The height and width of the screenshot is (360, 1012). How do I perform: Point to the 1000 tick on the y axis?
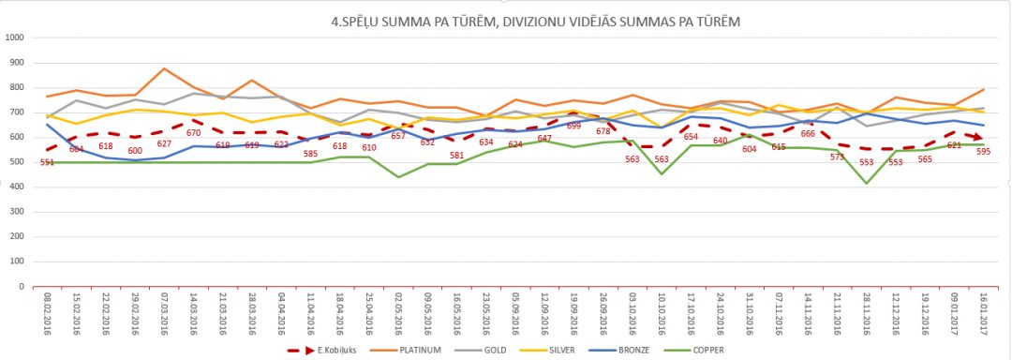click(15, 38)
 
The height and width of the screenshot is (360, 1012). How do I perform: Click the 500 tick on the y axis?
click(18, 163)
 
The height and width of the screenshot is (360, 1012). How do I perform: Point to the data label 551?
click(47, 162)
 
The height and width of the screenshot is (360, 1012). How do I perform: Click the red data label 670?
click(194, 132)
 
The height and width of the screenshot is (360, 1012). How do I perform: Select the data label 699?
click(573, 126)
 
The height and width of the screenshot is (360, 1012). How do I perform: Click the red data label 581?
click(456, 155)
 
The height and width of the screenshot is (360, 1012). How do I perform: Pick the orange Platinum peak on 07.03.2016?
click(164, 68)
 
